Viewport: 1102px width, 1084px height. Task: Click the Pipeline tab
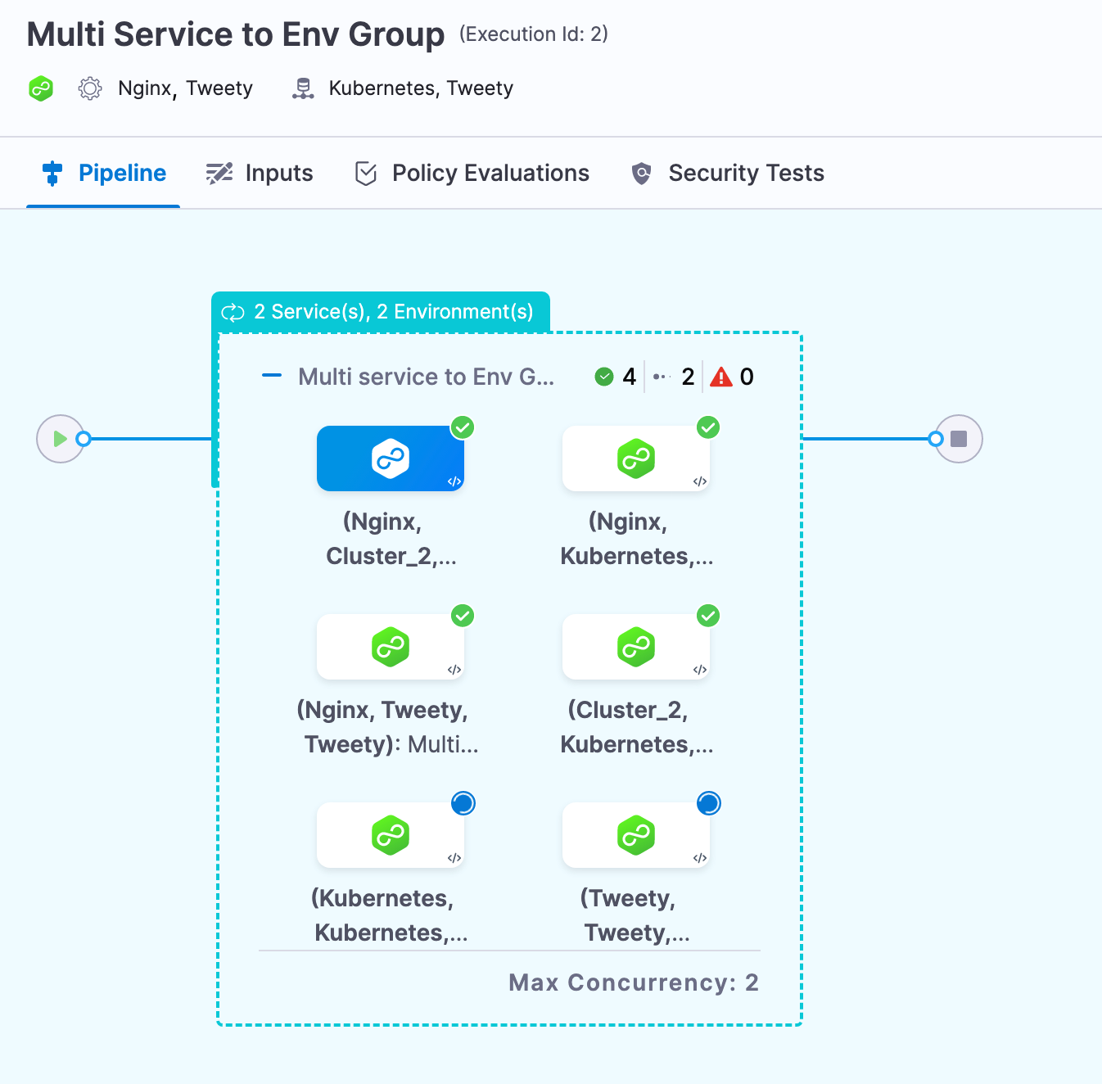click(x=105, y=174)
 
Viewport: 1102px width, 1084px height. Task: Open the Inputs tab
click(x=260, y=174)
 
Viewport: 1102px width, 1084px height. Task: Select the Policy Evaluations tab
click(x=472, y=174)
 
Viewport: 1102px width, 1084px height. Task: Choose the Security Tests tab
click(x=728, y=174)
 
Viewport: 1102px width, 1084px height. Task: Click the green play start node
click(x=60, y=439)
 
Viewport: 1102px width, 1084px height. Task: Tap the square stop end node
click(x=959, y=439)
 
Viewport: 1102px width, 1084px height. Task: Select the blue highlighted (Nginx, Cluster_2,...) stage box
click(x=391, y=458)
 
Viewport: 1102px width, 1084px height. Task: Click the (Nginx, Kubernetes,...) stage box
click(x=636, y=458)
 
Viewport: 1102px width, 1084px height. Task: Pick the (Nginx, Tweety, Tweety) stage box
click(x=391, y=647)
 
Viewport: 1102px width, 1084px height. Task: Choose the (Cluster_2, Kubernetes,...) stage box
click(x=636, y=647)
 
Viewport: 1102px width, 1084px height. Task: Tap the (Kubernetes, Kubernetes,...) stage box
click(x=391, y=835)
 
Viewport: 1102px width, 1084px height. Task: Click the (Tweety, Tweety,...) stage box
click(x=636, y=835)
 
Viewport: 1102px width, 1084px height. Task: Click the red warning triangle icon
click(x=720, y=377)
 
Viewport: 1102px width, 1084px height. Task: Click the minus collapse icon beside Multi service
click(x=272, y=376)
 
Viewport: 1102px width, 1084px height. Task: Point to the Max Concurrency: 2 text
click(x=633, y=982)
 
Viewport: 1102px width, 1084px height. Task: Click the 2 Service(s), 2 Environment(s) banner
click(x=381, y=312)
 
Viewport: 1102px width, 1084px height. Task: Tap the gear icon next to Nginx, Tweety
click(x=90, y=88)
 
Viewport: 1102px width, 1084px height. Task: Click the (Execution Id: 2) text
click(x=534, y=34)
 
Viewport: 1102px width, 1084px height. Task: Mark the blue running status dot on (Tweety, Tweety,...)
click(x=708, y=803)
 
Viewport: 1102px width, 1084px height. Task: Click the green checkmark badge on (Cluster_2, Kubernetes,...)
click(x=708, y=616)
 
